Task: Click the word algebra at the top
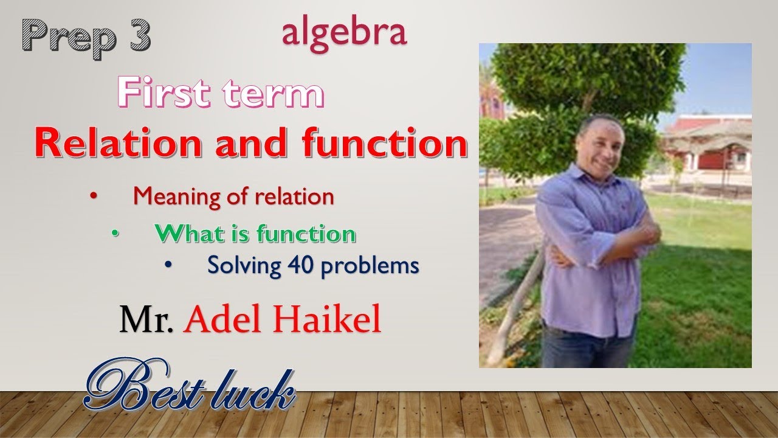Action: coord(344,34)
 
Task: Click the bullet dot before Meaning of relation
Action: coord(93,196)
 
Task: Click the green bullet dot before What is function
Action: coord(115,234)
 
